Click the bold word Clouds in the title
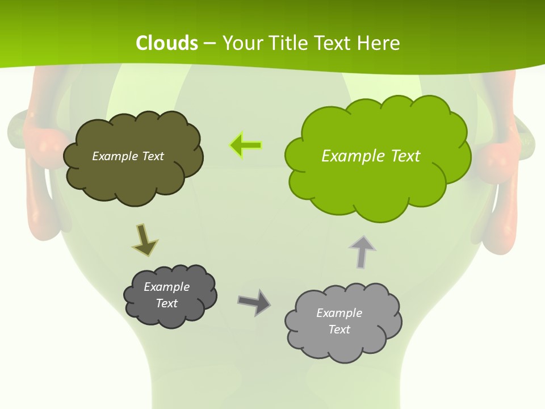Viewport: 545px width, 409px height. point(167,43)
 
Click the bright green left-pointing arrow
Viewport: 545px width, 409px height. point(246,146)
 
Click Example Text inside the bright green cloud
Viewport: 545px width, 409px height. point(371,156)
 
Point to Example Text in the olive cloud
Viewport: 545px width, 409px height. point(128,156)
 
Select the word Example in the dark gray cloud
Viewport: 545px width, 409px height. point(166,287)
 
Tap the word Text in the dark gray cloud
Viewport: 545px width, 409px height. point(166,303)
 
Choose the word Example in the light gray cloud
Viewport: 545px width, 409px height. point(339,313)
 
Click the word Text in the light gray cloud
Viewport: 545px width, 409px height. point(339,329)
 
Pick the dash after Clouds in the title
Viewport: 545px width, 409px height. point(209,43)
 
